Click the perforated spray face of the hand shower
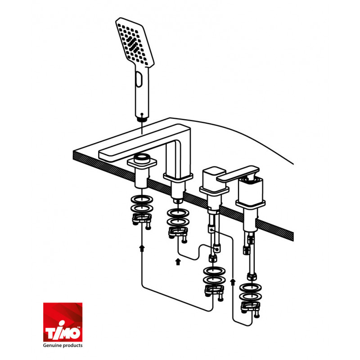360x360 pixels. coord(134,43)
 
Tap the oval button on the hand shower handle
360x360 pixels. coord(139,79)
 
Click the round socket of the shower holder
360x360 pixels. coord(142,158)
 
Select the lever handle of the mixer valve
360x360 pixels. coord(238,174)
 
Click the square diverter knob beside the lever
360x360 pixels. coord(213,178)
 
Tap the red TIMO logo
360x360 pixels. coord(63,322)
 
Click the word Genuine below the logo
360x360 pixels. coord(52,345)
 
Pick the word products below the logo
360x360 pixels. coord(72,345)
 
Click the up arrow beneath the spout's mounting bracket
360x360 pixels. coord(178,262)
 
